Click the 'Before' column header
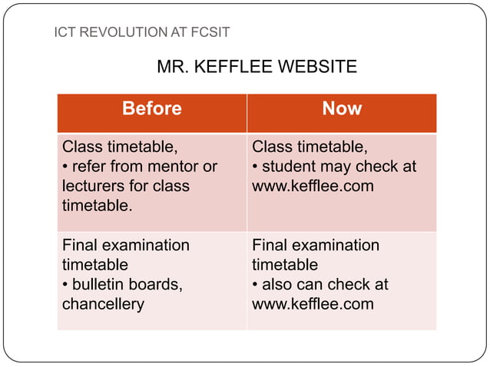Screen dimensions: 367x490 151,109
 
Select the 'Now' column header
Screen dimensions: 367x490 342,109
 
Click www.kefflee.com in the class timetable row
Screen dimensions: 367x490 313,187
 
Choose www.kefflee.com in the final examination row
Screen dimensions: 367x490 313,304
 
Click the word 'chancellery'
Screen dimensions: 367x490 103,304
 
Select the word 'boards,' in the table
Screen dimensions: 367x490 157,284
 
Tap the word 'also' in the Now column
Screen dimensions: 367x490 279,284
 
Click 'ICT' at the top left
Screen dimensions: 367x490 65,32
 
